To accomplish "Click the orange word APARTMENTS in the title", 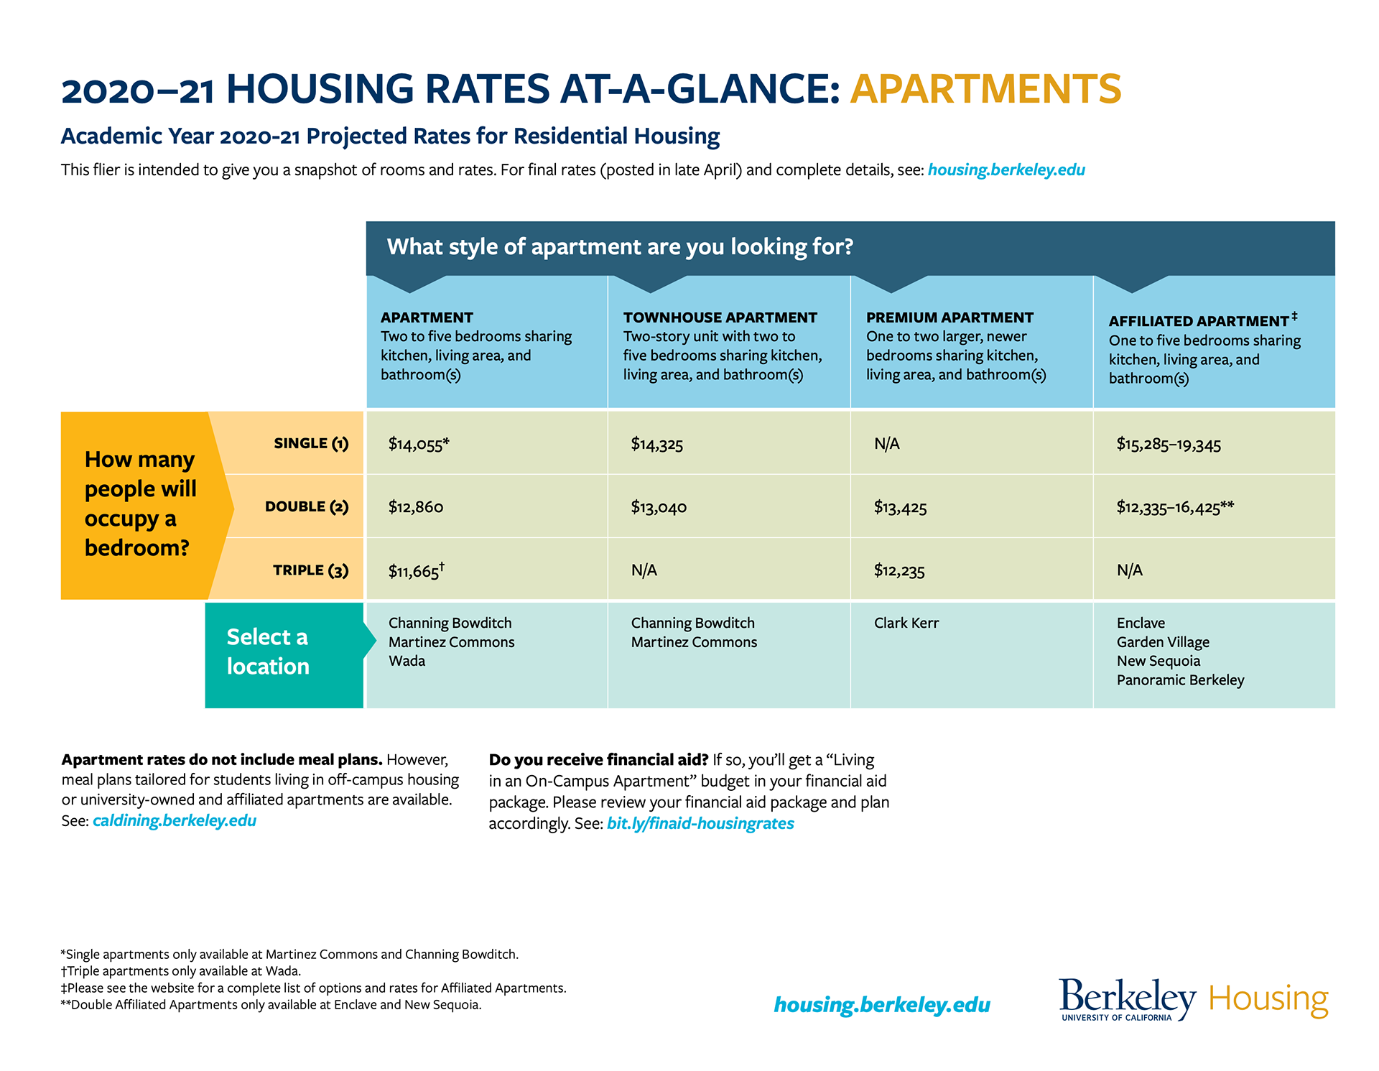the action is pyautogui.click(x=985, y=88).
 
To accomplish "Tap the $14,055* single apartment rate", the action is pyautogui.click(x=419, y=444).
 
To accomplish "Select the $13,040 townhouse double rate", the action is pyautogui.click(x=659, y=507).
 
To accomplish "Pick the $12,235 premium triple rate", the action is pyautogui.click(x=899, y=571).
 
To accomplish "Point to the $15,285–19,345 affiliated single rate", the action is pyautogui.click(x=1169, y=444).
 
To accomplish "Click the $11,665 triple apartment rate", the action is pyautogui.click(x=417, y=570).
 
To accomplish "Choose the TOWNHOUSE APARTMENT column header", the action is pyautogui.click(x=720, y=317).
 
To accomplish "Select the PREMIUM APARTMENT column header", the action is pyautogui.click(x=949, y=317).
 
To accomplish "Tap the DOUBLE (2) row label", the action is pyautogui.click(x=307, y=506).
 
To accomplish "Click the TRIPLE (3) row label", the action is pyautogui.click(x=310, y=570).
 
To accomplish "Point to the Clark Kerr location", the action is pyautogui.click(x=906, y=623).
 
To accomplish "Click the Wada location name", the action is pyautogui.click(x=407, y=661).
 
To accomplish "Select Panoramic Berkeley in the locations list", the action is pyautogui.click(x=1180, y=680).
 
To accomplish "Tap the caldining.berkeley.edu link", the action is pyautogui.click(x=175, y=820).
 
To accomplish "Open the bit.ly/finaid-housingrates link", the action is pyautogui.click(x=700, y=823).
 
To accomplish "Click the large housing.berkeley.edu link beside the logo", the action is pyautogui.click(x=882, y=1005).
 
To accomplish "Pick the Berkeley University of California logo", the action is pyautogui.click(x=1128, y=999).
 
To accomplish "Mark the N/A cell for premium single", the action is pyautogui.click(x=886, y=444).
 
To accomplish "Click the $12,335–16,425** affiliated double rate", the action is pyautogui.click(x=1175, y=507).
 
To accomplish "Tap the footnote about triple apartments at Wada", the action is pyautogui.click(x=181, y=971).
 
